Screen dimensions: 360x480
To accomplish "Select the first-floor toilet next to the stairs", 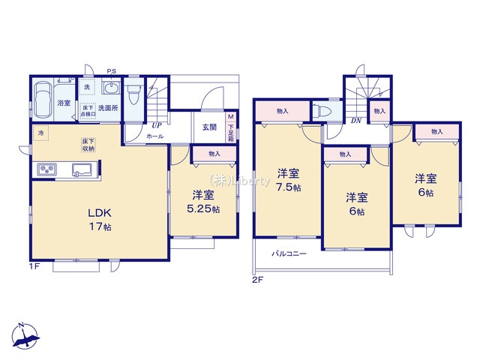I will tap(134, 95).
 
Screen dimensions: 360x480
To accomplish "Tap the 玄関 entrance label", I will tap(209, 127).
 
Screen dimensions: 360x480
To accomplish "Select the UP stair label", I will tap(157, 125).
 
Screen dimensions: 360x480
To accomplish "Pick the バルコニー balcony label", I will tap(289, 254).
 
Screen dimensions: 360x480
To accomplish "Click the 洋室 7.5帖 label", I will tap(287, 180).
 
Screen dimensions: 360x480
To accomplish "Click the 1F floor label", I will tap(34, 265).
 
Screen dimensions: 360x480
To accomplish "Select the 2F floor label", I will tap(257, 279).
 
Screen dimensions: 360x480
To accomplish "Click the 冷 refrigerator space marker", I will tap(39, 134).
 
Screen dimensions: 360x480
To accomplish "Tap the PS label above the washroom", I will tap(112, 72).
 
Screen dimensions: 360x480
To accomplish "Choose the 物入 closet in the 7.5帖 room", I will tap(282, 112).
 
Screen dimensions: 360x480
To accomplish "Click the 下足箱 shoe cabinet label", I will tap(231, 127).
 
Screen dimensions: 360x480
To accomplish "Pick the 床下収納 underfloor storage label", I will tap(88, 144).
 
